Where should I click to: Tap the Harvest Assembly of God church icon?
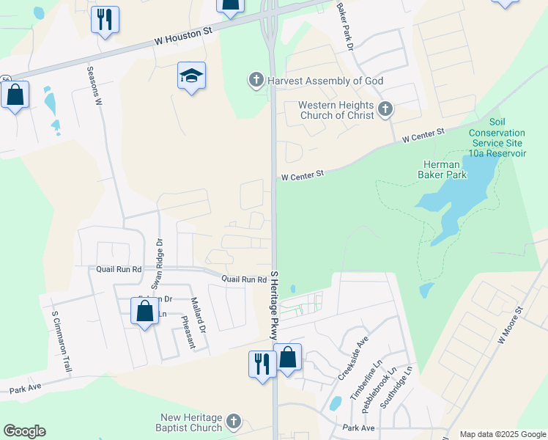[256, 80]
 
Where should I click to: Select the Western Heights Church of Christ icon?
[385, 111]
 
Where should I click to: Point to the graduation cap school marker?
[191, 76]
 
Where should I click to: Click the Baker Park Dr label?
[345, 26]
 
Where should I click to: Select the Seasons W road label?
[93, 87]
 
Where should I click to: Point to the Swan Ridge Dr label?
[156, 263]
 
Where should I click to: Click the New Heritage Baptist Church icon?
[233, 421]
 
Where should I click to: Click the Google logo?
[24, 431]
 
